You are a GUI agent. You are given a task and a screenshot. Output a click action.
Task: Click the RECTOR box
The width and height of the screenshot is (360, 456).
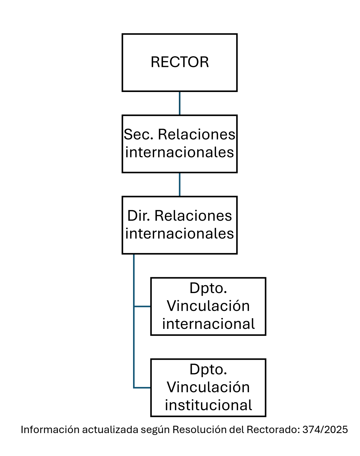(180, 62)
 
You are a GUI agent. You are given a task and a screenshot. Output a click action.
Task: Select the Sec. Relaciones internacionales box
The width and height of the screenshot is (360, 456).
(180, 144)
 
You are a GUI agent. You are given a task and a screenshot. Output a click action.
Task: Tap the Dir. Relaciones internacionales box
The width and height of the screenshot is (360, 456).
(180, 225)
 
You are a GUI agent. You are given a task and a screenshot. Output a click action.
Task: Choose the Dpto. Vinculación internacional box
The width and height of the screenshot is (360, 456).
(208, 306)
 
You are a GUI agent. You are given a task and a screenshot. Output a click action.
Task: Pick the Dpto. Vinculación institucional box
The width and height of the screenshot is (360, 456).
(208, 388)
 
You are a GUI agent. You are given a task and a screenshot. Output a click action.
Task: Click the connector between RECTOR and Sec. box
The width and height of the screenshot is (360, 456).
(180, 103)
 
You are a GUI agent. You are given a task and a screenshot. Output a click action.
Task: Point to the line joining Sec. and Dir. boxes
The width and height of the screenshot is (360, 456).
(180, 184)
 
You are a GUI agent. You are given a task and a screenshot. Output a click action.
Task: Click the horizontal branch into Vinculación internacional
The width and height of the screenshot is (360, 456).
(143, 306)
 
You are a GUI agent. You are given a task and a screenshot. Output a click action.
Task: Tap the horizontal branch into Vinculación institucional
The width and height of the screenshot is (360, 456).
(143, 388)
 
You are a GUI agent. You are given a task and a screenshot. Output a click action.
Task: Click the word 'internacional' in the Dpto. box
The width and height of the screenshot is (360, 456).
(208, 324)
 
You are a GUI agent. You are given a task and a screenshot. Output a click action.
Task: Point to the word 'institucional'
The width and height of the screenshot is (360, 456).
(208, 405)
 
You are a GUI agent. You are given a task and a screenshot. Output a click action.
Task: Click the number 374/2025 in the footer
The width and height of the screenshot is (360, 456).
(325, 430)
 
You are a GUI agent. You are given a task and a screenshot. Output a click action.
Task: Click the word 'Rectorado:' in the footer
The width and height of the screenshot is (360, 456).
(273, 430)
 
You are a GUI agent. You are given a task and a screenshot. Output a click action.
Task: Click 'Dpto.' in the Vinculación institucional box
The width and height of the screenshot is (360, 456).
(208, 369)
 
